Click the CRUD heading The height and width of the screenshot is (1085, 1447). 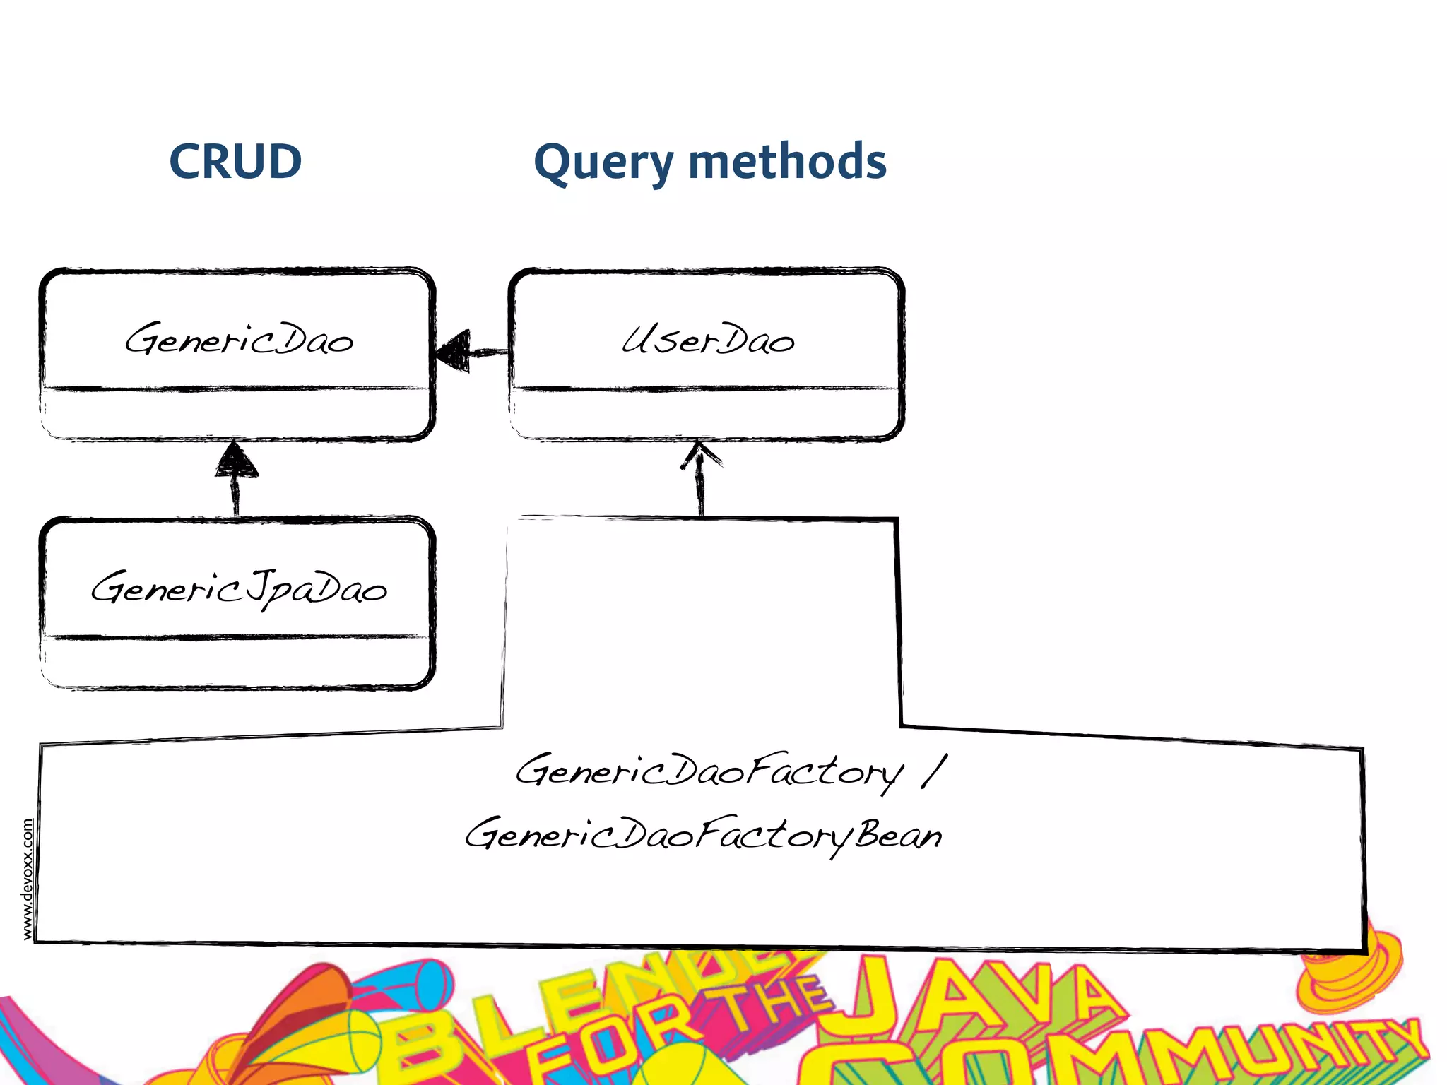[235, 162]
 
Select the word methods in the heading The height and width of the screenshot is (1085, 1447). [786, 162]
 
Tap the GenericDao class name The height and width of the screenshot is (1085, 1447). [239, 340]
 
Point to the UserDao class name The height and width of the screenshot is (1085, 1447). [708, 340]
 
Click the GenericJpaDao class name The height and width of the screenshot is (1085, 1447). [239, 588]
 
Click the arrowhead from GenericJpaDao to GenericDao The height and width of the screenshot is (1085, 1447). [236, 460]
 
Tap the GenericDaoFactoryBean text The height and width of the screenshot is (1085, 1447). [703, 836]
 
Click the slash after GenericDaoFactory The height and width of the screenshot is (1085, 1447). [934, 771]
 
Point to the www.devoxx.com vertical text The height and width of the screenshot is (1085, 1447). [28, 879]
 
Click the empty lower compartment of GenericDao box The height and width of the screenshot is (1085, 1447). [237, 415]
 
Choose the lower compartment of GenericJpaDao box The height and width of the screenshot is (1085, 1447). [237, 663]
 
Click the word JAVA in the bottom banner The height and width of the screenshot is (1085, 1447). [982, 1003]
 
